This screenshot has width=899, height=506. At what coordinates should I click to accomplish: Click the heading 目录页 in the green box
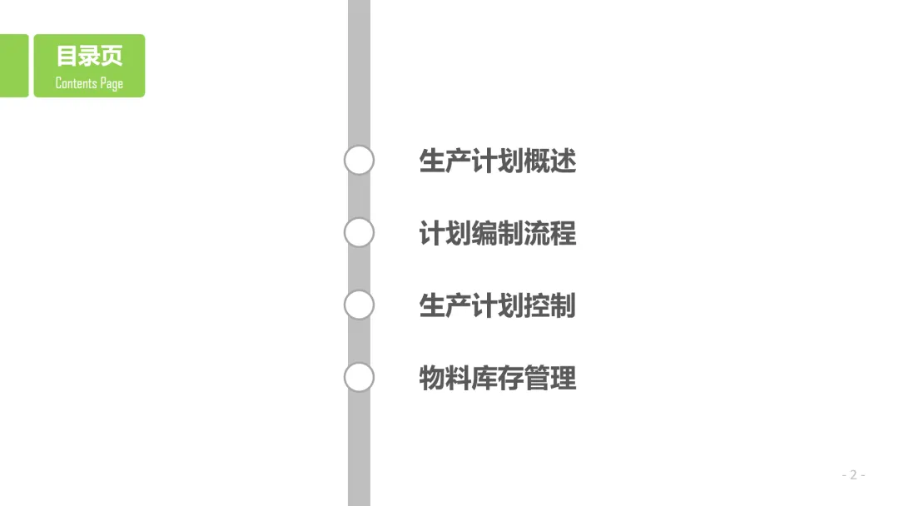coord(89,56)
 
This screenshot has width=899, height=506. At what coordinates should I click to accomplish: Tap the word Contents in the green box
coord(75,82)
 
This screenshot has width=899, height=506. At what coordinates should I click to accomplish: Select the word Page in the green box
coord(112,83)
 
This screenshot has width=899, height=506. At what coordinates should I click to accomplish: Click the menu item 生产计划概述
coord(497,161)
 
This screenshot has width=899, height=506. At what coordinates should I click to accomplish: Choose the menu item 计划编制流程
coord(497,233)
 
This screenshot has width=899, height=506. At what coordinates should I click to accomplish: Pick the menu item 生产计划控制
coord(497,305)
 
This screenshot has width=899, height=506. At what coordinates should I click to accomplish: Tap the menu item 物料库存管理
coord(497,379)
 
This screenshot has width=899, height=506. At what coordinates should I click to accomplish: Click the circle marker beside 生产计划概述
coord(359,160)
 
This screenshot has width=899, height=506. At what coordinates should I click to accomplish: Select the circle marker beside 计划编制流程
coord(359,232)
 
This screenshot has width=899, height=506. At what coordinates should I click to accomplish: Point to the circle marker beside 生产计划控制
coord(359,305)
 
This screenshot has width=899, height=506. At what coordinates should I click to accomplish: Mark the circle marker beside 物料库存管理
coord(359,377)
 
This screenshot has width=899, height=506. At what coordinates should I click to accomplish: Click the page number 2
coord(852,475)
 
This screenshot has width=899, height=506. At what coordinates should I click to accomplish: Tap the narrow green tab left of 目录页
coord(13,66)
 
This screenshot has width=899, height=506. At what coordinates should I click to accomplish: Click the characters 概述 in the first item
coord(549,161)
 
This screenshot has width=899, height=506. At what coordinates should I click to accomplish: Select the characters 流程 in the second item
coord(549,233)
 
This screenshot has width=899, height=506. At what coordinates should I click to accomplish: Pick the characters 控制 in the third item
coord(549,305)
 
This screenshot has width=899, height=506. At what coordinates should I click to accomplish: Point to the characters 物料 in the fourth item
coord(445,379)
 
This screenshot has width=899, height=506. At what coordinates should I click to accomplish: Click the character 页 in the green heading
coord(112,56)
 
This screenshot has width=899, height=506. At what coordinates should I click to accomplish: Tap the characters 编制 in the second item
coord(497,233)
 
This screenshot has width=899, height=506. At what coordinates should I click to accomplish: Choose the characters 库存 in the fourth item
coord(497,379)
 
